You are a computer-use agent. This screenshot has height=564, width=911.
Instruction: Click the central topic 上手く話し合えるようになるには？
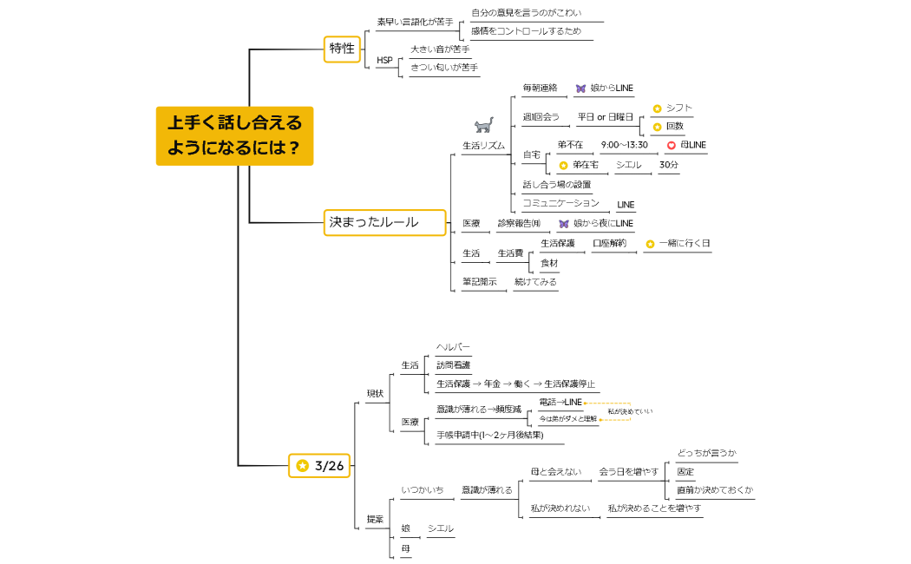[234, 135]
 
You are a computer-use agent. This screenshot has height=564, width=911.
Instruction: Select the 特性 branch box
[342, 49]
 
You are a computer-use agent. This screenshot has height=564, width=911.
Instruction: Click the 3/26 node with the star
[320, 466]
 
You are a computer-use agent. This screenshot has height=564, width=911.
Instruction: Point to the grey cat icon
[483, 125]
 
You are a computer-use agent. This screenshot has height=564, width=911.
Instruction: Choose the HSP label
[384, 60]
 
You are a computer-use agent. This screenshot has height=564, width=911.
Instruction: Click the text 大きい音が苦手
[440, 49]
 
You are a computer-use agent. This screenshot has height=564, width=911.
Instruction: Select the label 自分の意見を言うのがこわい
[526, 13]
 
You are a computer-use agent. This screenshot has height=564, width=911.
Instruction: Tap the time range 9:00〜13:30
[624, 144]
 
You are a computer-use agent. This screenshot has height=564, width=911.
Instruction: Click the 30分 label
[668, 164]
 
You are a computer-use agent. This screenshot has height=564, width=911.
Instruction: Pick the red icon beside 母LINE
[671, 145]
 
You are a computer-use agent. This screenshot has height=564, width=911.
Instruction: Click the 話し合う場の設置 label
[556, 184]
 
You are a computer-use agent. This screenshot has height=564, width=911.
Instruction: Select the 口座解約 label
[609, 243]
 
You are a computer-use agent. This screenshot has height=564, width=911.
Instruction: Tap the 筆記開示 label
[479, 281]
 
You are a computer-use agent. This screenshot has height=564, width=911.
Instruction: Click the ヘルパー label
[453, 347]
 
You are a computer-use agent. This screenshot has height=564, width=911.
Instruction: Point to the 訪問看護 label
[453, 365]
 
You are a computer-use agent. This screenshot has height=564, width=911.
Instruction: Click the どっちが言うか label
[706, 453]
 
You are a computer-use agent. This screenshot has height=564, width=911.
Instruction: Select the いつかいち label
[422, 490]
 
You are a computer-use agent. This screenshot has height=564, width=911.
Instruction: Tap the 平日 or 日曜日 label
[605, 116]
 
